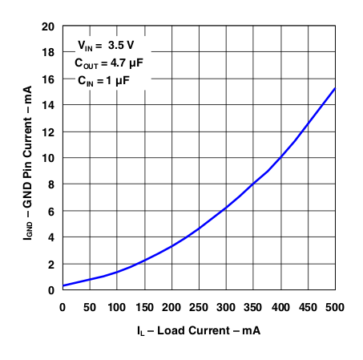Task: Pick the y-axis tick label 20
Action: [48, 26]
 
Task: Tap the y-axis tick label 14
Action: [48, 105]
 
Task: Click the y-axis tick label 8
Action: [51, 184]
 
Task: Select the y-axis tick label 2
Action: [51, 264]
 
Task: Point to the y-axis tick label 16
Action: [48, 79]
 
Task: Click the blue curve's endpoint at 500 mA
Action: [335, 88]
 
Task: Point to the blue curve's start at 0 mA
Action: [63, 286]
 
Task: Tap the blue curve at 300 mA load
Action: [226, 208]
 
